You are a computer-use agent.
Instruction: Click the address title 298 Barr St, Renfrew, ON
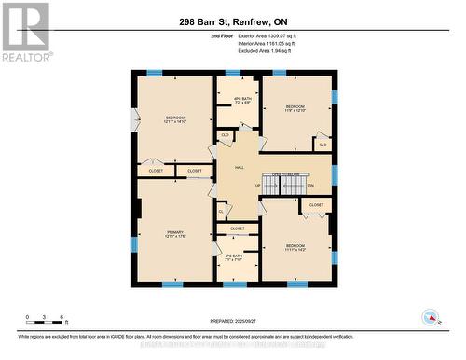tap(233, 21)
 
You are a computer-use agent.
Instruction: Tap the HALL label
tap(240, 167)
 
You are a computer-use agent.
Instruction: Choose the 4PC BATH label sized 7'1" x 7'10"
tap(233, 258)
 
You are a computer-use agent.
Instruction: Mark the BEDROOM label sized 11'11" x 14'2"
tap(295, 248)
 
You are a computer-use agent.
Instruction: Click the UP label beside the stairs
tap(257, 185)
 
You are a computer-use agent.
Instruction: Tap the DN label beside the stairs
tap(311, 185)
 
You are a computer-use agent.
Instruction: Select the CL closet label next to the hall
tap(221, 212)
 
